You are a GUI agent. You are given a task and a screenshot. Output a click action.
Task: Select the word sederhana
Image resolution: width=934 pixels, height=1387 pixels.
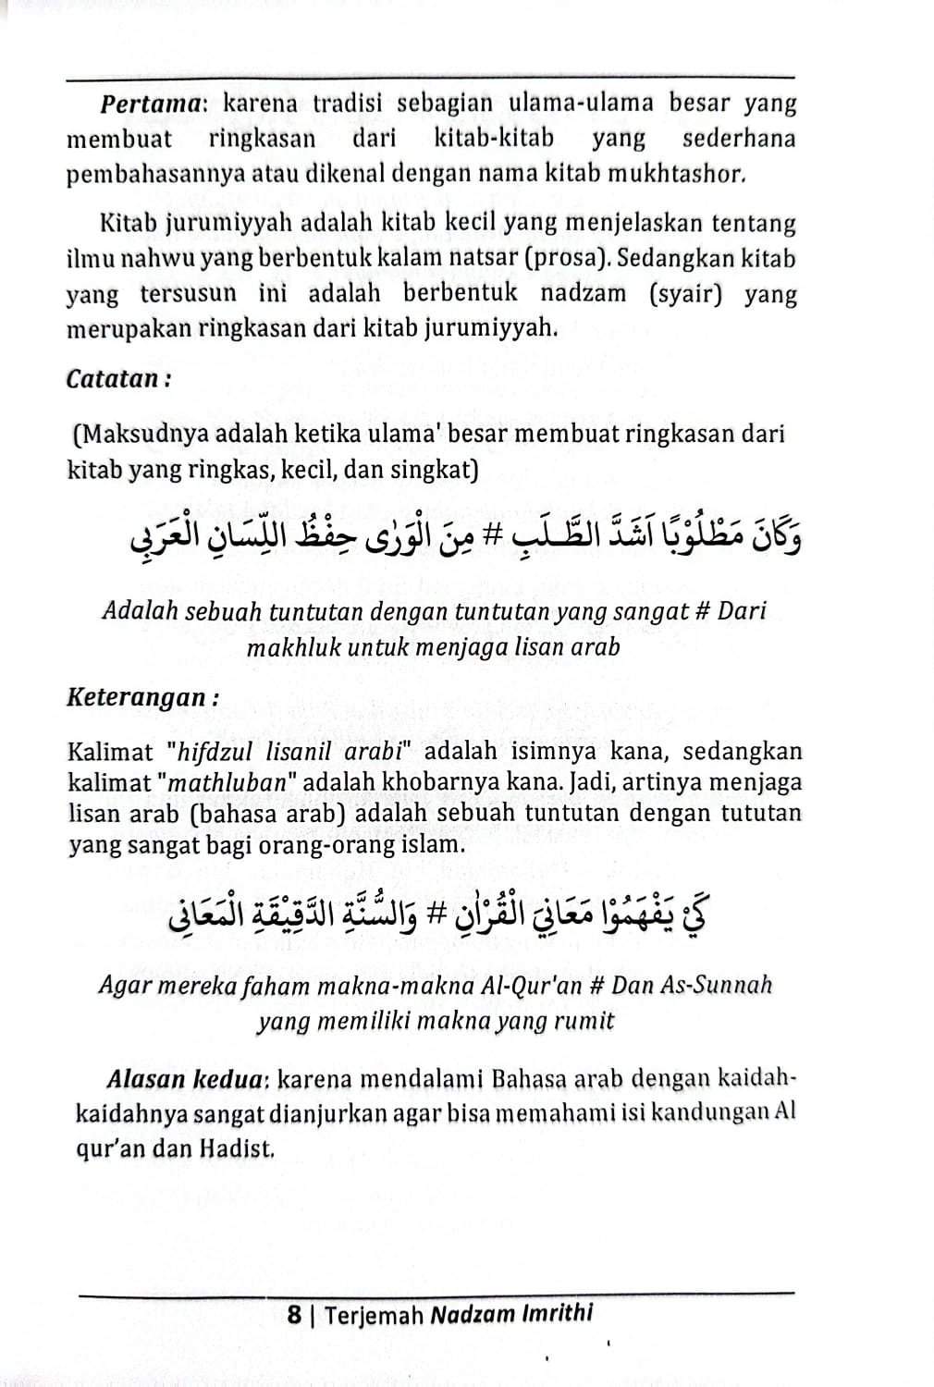[739, 139]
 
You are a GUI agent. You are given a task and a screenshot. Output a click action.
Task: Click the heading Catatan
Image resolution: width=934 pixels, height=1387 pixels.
[115, 379]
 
